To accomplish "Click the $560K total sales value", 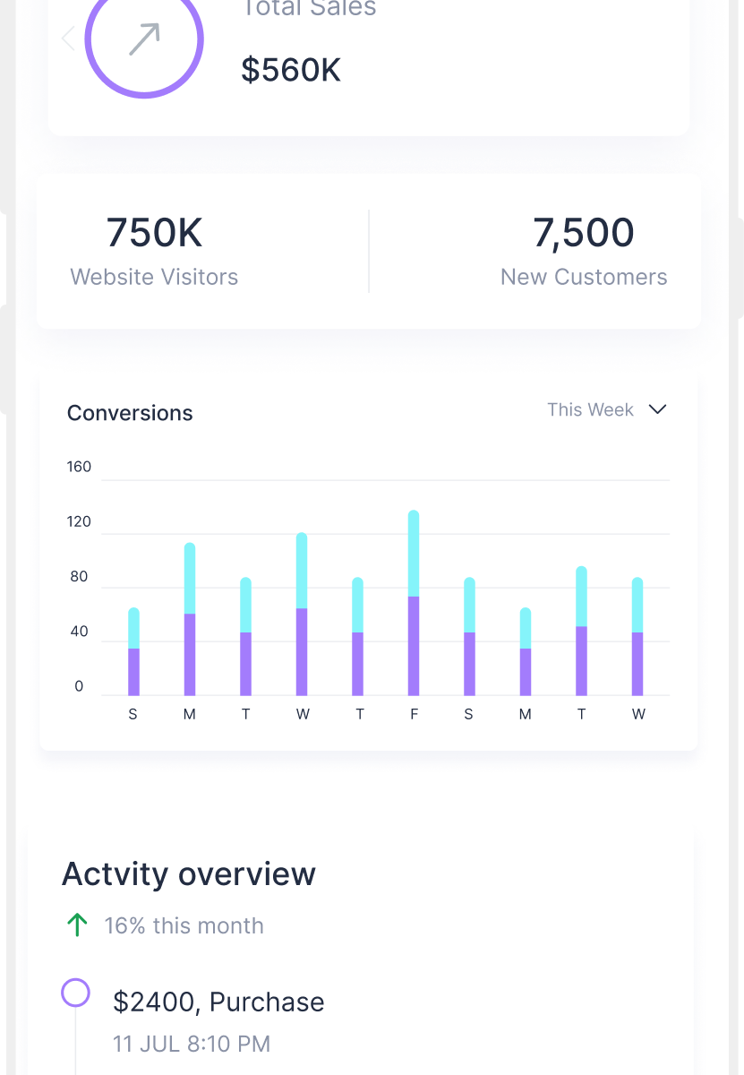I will (291, 70).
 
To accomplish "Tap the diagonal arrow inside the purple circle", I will (144, 39).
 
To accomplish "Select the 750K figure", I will (154, 233).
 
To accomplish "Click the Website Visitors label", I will (154, 277).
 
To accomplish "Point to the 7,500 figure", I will (584, 233).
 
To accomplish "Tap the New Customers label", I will (584, 277).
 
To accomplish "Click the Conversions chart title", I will (130, 413).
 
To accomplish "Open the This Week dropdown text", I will (590, 409).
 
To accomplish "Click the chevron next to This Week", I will (657, 409).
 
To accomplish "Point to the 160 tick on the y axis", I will (79, 467).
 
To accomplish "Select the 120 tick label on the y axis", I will (79, 522).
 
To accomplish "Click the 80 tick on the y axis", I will (79, 577).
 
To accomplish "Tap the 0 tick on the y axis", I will (79, 687).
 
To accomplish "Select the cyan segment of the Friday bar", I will (414, 554).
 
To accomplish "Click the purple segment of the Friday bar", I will (414, 645).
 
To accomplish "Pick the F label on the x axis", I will (414, 715).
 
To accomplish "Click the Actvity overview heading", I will (188, 873).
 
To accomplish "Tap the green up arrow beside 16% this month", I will (77, 925).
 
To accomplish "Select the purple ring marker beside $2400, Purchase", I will (75, 993).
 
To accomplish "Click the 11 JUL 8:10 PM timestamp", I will (192, 1044).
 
